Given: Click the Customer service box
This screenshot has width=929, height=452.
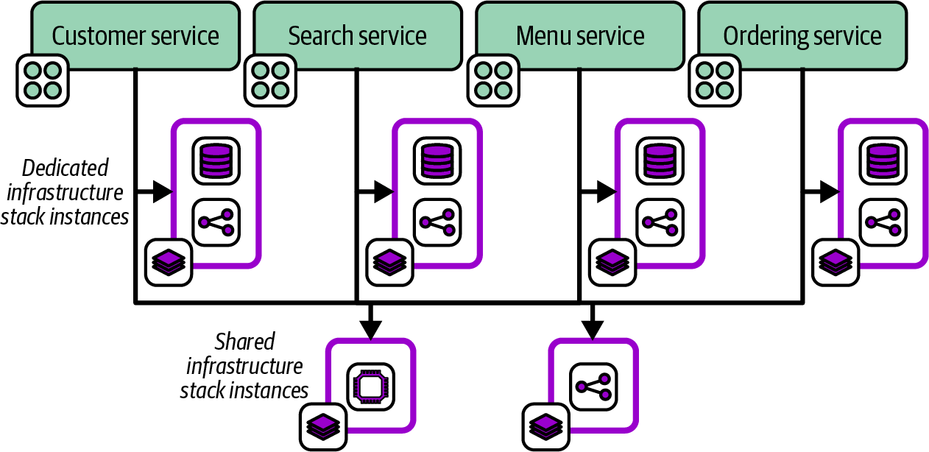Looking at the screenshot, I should [135, 35].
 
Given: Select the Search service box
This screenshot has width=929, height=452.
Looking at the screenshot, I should [357, 35].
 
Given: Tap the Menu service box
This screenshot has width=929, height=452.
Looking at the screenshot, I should [580, 35].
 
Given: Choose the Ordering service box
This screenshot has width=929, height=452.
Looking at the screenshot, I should [802, 35].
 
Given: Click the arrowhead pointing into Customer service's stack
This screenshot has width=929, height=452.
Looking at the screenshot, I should [163, 192].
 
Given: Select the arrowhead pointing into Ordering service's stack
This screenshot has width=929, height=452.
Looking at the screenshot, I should [830, 192].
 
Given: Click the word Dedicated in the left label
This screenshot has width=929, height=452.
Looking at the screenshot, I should [66, 169].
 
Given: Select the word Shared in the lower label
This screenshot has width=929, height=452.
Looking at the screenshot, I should [245, 342].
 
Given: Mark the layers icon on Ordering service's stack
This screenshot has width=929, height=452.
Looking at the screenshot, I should [836, 262].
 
